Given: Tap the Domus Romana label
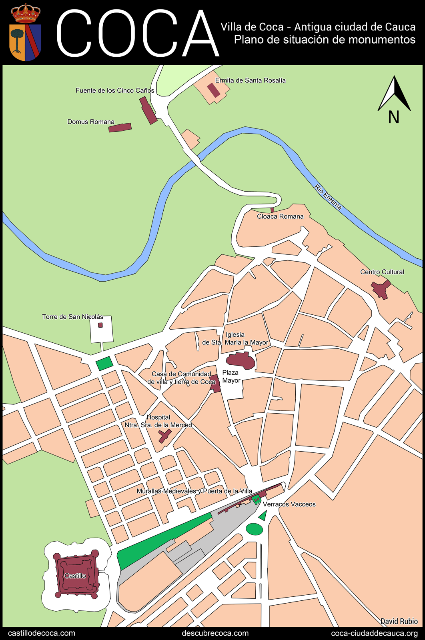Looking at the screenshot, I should [91, 122].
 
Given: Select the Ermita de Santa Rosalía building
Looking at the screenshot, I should [213, 90].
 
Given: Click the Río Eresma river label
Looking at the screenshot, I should [328, 197].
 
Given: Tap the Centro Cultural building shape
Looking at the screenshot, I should [381, 289].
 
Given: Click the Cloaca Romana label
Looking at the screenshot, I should [280, 216].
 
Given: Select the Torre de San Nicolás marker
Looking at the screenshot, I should [100, 325].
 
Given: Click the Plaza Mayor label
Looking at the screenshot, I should [231, 376].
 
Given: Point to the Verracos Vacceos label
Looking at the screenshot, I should [289, 504].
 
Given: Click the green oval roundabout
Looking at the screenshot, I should [255, 529].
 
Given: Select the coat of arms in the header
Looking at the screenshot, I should [25, 33].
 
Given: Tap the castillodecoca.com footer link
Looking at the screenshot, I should [42, 633].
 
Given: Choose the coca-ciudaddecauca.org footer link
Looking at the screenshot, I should [374, 633].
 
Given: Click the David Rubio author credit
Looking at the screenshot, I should [399, 621].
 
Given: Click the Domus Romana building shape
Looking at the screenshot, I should [120, 128].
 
